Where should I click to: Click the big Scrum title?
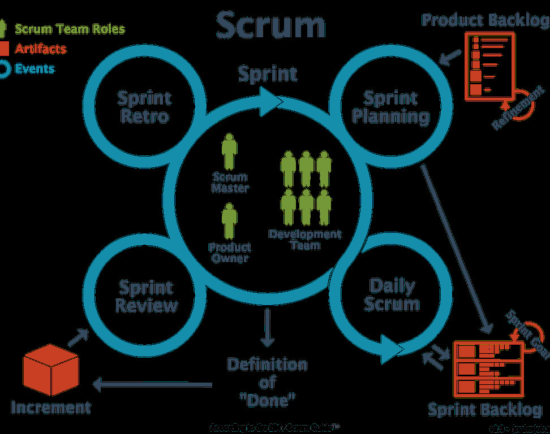(x=271, y=26)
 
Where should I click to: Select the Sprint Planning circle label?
(x=390, y=107)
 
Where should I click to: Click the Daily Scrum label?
(x=392, y=294)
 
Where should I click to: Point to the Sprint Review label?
(x=147, y=297)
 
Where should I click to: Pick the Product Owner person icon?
(x=229, y=222)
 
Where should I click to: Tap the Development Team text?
(x=305, y=239)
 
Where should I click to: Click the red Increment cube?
(x=50, y=370)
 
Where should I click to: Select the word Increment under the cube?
(x=51, y=407)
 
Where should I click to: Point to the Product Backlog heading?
(x=485, y=20)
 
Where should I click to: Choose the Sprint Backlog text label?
(x=484, y=410)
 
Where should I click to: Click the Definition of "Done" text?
(x=268, y=382)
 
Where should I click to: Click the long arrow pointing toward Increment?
(x=153, y=385)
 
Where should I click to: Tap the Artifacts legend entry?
(x=40, y=49)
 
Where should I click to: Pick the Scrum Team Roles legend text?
(x=70, y=29)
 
